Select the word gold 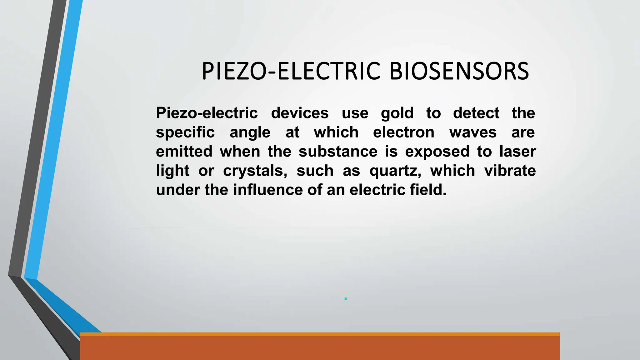pos(397,113)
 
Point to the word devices pos(300,113)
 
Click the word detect pos(476,113)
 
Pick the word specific pos(185,132)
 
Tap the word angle pos(250,132)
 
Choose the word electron pos(404,132)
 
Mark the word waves pos(473,132)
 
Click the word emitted pos(184,152)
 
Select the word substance pos(338,152)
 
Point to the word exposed pos(437,152)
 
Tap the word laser pos(517,152)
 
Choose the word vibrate pos(510,171)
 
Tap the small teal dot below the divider pos(346,299)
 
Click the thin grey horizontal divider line pos(322,228)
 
